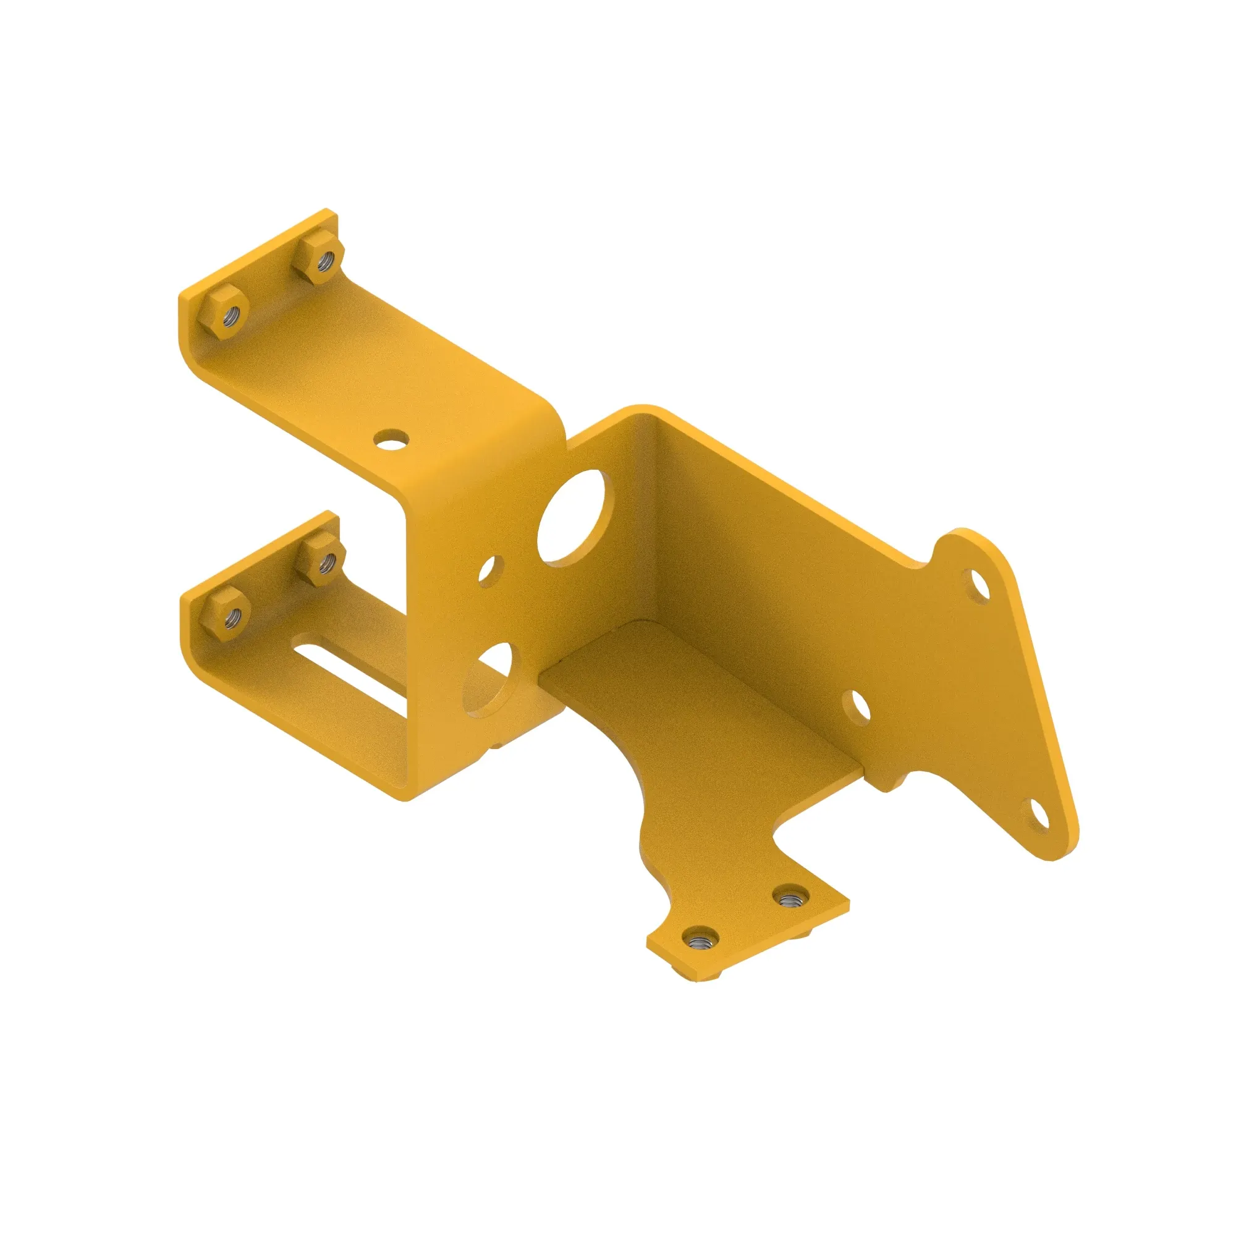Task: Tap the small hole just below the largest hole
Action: tap(490, 571)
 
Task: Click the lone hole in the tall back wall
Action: tap(857, 707)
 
